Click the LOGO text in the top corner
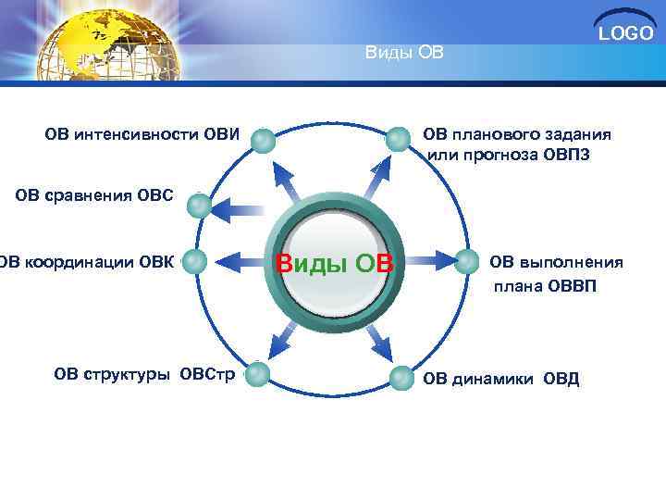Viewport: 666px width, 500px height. click(625, 34)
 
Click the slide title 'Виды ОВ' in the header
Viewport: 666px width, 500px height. click(404, 52)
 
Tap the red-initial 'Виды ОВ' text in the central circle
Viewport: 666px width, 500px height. click(335, 264)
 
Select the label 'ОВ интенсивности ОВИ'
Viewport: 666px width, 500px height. click(142, 136)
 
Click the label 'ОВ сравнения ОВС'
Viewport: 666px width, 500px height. click(94, 194)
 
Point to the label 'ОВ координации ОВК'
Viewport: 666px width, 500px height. click(86, 262)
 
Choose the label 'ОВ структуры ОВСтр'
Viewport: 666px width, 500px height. click(144, 374)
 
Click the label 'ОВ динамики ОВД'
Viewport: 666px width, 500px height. click(500, 379)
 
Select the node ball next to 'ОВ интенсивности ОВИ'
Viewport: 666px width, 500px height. click(264, 140)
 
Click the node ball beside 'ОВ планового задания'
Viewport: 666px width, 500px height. click(399, 140)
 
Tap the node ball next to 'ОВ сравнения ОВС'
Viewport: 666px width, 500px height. click(200, 206)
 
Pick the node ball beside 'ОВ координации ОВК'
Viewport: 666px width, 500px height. click(194, 262)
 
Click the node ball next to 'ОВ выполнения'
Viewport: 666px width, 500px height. click(467, 262)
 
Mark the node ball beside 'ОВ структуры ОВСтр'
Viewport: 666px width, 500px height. click(257, 374)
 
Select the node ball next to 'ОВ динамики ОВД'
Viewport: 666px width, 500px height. click(400, 377)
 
